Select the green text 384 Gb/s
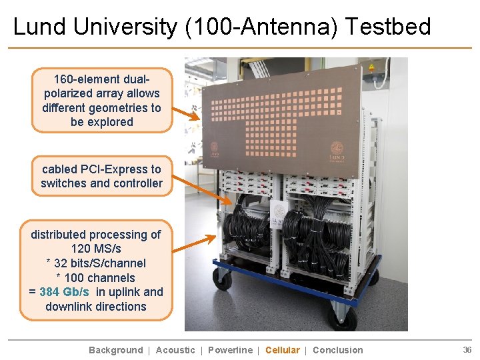pos(64,292)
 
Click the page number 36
pos(467,350)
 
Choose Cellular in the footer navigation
pos(283,350)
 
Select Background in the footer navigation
pos(116,350)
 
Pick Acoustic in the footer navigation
pos(175,350)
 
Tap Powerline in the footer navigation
pos(231,350)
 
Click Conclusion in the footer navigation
pos(338,350)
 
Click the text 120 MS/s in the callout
pos(96,249)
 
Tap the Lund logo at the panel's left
pos(215,150)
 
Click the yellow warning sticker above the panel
pos(371,67)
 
